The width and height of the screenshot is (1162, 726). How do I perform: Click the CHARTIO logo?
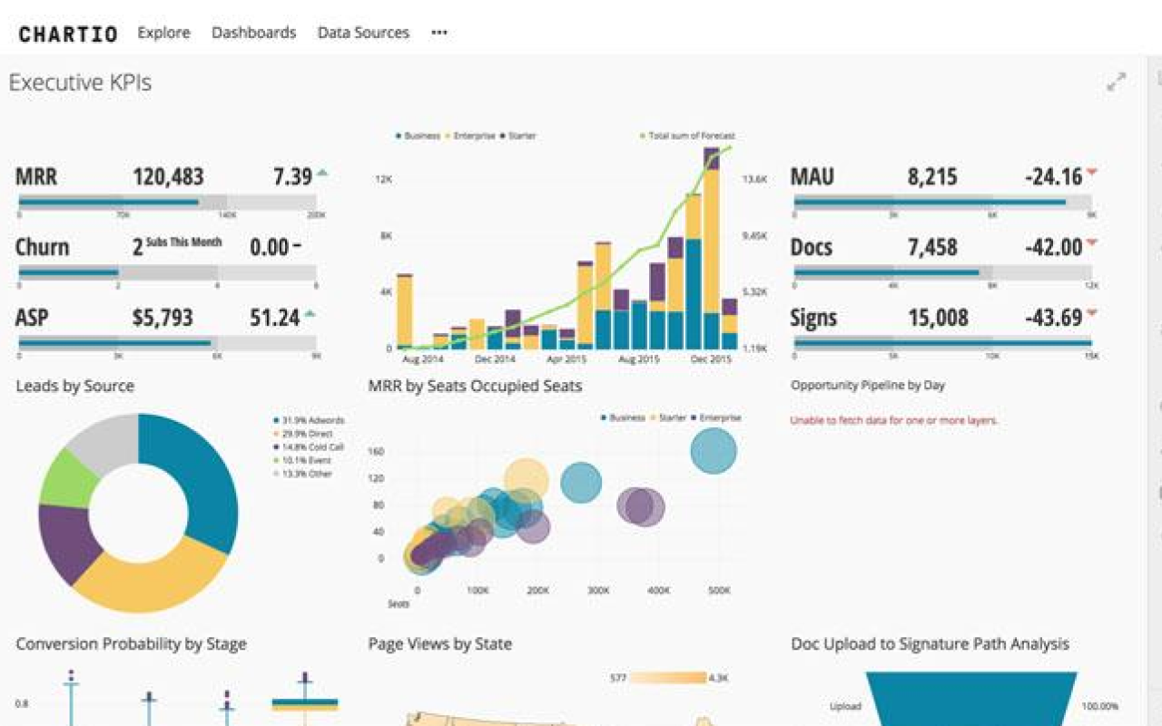68,34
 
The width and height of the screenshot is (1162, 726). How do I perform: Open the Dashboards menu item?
253,33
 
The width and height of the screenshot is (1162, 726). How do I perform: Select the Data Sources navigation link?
363,33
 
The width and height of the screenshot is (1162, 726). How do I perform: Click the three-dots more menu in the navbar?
439,33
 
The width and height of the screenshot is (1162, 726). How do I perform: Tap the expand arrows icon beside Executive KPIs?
1116,82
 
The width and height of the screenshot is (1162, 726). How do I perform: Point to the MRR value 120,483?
168,176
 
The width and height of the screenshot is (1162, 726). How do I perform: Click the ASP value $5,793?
162,318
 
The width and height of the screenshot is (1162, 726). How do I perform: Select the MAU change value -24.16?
1053,176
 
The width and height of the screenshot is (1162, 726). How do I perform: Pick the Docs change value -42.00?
1053,247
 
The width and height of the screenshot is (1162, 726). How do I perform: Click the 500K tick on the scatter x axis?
719,590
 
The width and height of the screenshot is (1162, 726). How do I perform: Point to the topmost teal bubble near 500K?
714,450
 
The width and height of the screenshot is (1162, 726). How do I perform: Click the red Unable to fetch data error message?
893,420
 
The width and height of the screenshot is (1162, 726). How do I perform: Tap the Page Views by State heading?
440,644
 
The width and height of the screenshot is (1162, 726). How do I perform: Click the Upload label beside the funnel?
844,706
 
